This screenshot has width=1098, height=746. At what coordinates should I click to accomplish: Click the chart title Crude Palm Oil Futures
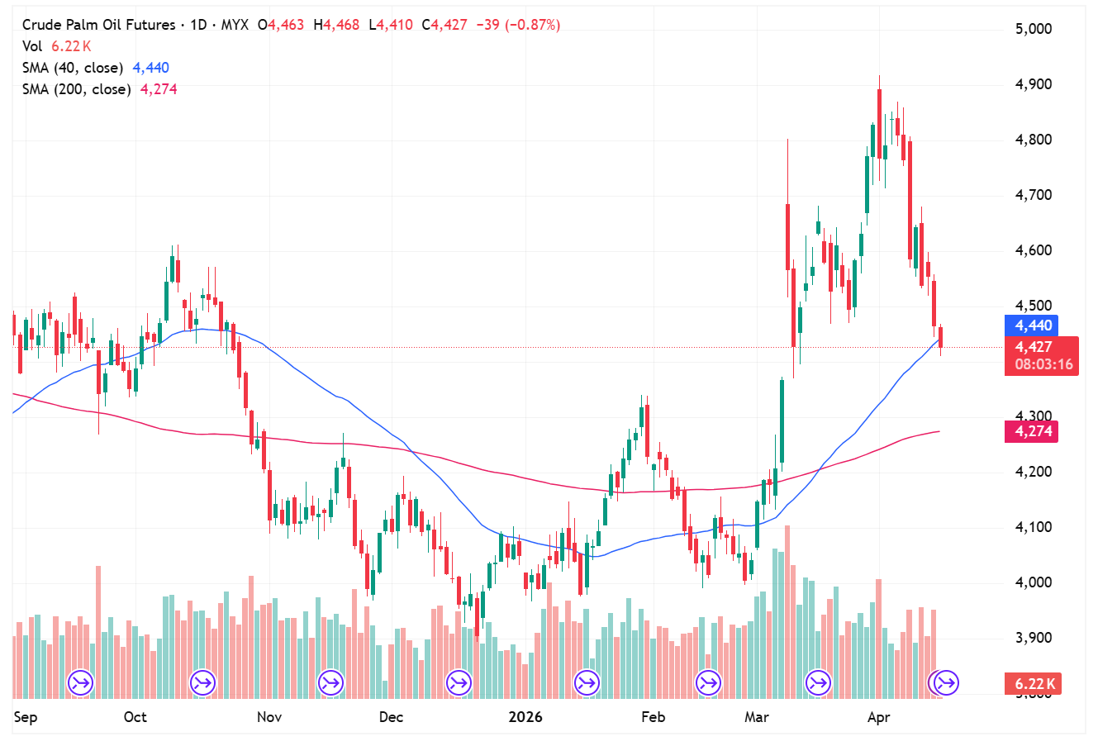coord(98,25)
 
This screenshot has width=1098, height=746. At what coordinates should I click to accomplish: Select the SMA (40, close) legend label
coord(73,68)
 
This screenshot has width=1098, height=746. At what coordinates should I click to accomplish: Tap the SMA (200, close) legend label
coord(76,89)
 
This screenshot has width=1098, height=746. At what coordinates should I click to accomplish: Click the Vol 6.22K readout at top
coord(56,46)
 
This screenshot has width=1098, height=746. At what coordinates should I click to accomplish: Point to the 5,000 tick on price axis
coord(1034,29)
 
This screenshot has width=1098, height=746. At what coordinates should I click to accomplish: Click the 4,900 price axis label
coord(1034,84)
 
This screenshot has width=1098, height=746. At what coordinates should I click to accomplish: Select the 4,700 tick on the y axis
coord(1034,195)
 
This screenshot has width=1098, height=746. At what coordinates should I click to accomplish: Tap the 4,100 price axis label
coord(1034,527)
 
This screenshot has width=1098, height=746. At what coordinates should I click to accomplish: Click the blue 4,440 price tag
coord(1033,325)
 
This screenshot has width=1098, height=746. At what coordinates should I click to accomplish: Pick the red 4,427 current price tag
coord(1033,347)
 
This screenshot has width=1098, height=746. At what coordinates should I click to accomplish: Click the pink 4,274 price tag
coord(1033,431)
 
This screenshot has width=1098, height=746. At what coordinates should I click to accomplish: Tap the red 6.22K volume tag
coord(1034,684)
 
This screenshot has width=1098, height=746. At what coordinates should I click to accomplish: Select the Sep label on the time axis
coord(26,717)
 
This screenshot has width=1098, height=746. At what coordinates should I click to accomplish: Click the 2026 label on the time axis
coord(525,717)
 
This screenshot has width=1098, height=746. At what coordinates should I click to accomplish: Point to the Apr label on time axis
coord(879,717)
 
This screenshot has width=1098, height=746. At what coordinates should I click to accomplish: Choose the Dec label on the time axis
coord(391,717)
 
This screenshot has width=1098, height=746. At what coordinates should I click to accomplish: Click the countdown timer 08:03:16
coord(1043,364)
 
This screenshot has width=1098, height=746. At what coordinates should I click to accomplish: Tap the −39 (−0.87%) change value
coord(518,25)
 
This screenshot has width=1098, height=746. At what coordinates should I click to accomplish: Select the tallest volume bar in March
coord(787,611)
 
